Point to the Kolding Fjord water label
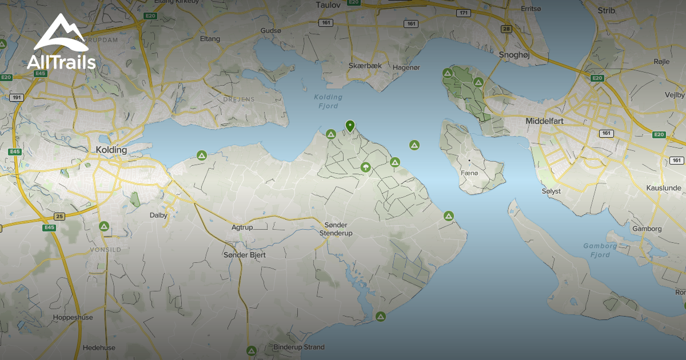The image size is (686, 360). pos(328,101)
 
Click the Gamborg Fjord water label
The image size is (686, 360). pos(600,250)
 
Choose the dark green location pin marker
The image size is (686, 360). pos(350,126)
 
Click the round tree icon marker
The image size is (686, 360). pos(365,167)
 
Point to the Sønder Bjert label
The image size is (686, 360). pos(244,255)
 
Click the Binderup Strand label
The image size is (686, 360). pos(298,347)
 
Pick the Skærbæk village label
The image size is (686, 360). pos(365,66)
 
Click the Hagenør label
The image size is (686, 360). pos(406,67)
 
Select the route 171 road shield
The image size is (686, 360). pos(464,13)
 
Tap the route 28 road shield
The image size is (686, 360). pos(506,29)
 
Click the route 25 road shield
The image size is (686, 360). pos(59,217)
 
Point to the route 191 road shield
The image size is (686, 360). pos(17,98)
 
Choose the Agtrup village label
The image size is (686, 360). pos(242,227)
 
